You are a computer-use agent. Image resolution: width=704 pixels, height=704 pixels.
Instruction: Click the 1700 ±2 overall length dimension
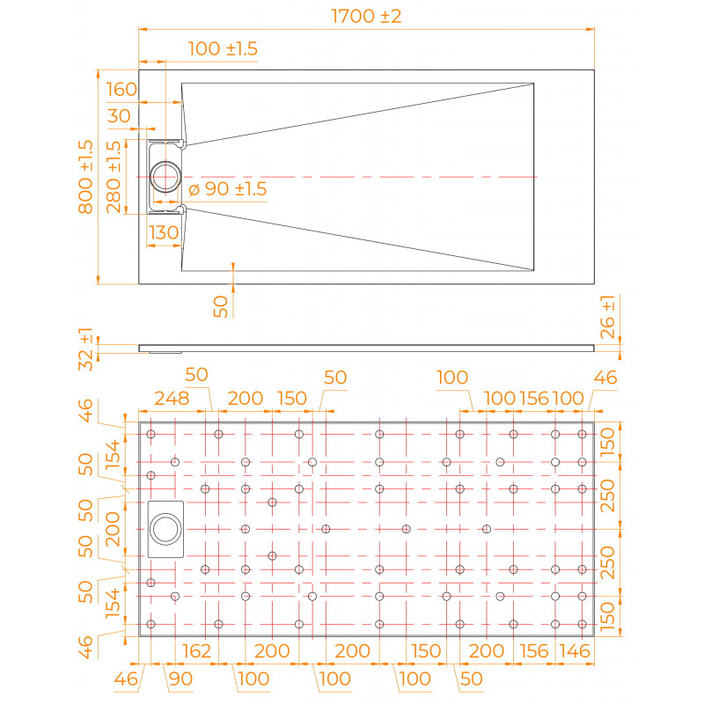coord(366,16)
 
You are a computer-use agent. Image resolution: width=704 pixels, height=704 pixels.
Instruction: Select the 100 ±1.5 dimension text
coord(223,48)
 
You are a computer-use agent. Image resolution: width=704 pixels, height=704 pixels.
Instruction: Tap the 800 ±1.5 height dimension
coord(85,177)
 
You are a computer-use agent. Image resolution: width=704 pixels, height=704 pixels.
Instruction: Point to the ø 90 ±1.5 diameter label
coord(228,189)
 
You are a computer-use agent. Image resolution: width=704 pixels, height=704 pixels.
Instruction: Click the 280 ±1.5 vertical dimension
coord(114,177)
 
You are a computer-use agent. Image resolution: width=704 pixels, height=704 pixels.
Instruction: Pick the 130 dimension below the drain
coord(164,232)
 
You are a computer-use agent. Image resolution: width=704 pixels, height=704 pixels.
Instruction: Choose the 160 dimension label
coord(121,90)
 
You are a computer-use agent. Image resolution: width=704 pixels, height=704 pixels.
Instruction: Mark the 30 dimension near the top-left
coord(119,116)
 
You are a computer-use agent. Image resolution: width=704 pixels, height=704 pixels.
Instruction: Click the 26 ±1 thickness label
coord(607,317)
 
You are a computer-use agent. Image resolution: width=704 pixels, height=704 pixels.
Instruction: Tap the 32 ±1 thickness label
coord(85,348)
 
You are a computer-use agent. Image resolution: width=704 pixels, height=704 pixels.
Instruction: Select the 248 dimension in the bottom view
coord(172,399)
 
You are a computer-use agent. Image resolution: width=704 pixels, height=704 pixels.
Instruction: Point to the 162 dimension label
coord(196,650)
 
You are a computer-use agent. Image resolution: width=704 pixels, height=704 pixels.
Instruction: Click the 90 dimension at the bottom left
coord(181,678)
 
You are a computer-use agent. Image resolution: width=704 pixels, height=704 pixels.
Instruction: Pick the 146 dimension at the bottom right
coord(575,650)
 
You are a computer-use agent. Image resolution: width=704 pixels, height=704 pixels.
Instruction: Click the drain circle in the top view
coord(165,177)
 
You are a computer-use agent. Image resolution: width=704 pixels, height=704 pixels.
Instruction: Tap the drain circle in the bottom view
coord(165,529)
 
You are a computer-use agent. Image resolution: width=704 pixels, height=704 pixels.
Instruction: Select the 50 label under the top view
coord(221,306)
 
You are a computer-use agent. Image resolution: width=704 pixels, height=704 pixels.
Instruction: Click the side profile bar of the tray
coord(366,348)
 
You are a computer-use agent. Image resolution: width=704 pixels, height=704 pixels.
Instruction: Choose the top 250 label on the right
coord(607,495)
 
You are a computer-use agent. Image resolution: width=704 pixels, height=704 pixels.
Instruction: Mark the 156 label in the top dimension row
coord(534,399)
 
